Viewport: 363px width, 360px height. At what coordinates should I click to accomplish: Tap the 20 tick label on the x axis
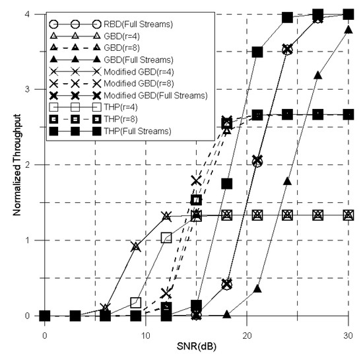click(246, 333)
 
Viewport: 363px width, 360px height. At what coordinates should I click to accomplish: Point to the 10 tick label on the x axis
click(146, 333)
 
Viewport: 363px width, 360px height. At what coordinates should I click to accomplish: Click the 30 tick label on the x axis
click(348, 333)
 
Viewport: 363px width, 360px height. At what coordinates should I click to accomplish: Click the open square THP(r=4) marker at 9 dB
click(136, 303)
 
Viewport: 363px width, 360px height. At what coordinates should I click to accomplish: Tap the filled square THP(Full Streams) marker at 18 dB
click(226, 184)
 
